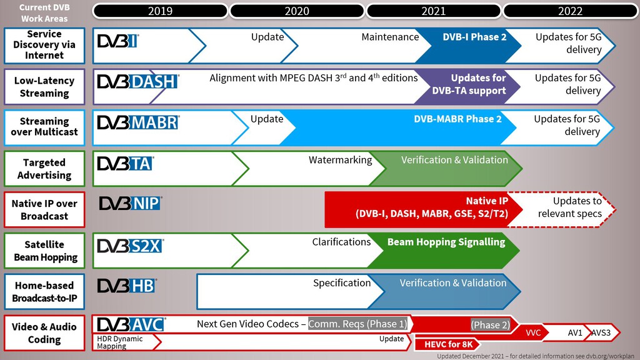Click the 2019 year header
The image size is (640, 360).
160,11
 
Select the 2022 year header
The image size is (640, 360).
570,11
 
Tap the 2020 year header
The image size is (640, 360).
297,11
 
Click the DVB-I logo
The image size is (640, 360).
118,41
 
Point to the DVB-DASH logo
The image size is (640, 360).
138,82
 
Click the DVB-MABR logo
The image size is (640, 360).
138,122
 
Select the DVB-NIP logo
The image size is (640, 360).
131,203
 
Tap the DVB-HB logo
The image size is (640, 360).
127,286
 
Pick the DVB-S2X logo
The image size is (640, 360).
130,246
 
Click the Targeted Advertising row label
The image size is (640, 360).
44,169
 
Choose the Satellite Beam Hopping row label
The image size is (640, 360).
44,251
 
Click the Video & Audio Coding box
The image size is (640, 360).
44,332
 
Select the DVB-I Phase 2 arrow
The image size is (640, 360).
469,46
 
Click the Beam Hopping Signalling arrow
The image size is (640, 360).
444,251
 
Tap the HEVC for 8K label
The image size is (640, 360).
449,344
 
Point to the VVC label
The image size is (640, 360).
533,332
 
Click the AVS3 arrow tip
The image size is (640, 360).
620,332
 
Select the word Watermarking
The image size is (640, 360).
341,159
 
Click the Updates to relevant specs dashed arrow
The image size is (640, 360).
561,209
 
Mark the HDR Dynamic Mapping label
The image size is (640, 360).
119,342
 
